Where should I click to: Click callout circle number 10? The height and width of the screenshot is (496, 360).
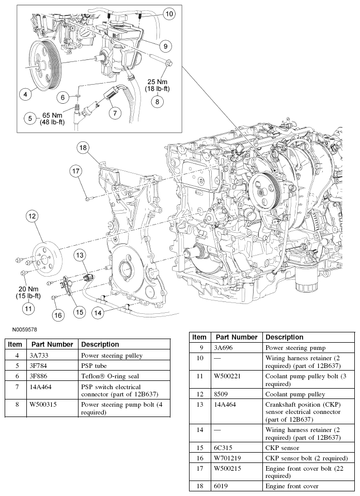[x=169, y=14]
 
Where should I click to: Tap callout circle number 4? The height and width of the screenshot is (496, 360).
[x=24, y=94]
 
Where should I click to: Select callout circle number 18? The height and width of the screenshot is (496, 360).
[x=84, y=148]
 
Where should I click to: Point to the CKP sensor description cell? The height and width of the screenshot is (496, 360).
[x=282, y=448]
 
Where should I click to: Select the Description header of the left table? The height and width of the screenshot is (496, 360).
[x=100, y=344]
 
